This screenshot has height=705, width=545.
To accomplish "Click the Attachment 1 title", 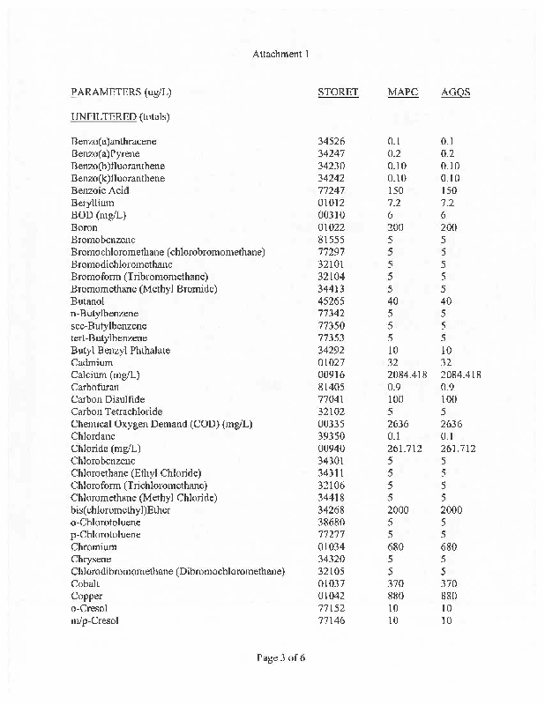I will click(280, 55).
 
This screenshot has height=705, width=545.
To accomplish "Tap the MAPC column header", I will click(402, 93).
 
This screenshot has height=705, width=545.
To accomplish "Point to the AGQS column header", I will click(455, 93).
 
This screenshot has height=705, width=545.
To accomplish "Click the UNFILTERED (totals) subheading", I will click(120, 116).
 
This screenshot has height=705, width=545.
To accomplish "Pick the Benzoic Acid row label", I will click(100, 190).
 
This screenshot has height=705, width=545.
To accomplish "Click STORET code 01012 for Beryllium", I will click(332, 203).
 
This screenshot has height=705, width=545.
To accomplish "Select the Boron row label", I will click(85, 227).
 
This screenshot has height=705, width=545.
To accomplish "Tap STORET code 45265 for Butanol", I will click(332, 301).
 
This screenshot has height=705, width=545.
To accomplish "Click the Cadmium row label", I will click(92, 362).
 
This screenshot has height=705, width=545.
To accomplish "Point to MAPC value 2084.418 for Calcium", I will click(407, 375).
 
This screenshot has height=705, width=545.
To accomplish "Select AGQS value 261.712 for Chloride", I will click(458, 449).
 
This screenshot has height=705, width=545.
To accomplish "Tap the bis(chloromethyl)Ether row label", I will click(120, 510).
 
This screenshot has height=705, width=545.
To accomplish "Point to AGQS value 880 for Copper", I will click(448, 597).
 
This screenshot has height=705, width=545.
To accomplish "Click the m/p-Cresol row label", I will click(94, 621).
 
